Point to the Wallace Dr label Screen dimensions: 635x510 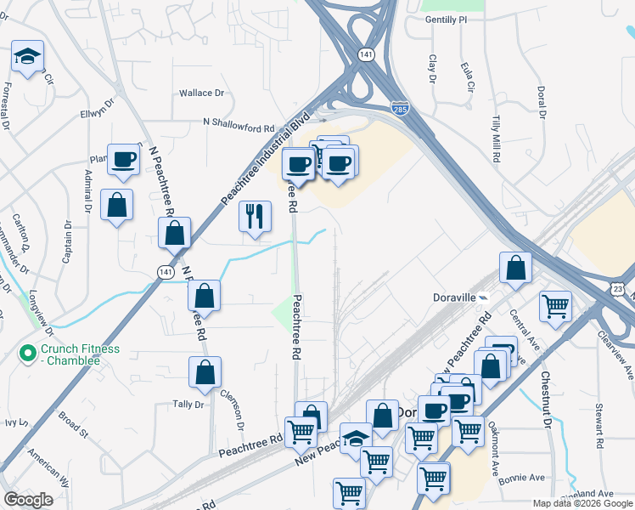(201, 93)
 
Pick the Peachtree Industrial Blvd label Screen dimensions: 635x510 (265, 156)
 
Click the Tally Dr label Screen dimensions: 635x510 (188, 405)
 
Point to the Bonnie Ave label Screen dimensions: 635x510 (525, 478)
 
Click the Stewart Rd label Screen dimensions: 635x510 (599, 425)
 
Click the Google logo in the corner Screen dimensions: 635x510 (28, 500)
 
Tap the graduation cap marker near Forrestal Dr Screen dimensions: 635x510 (28, 58)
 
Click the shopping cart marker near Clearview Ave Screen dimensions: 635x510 (555, 307)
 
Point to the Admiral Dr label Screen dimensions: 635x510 (87, 189)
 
